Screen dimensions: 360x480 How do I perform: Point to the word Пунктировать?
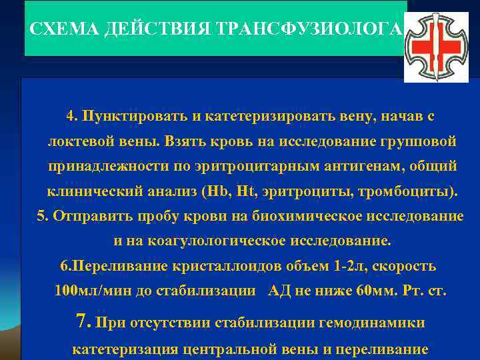point(132,116)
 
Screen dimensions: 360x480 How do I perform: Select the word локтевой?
point(77,141)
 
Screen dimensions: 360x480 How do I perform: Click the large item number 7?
point(83,323)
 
